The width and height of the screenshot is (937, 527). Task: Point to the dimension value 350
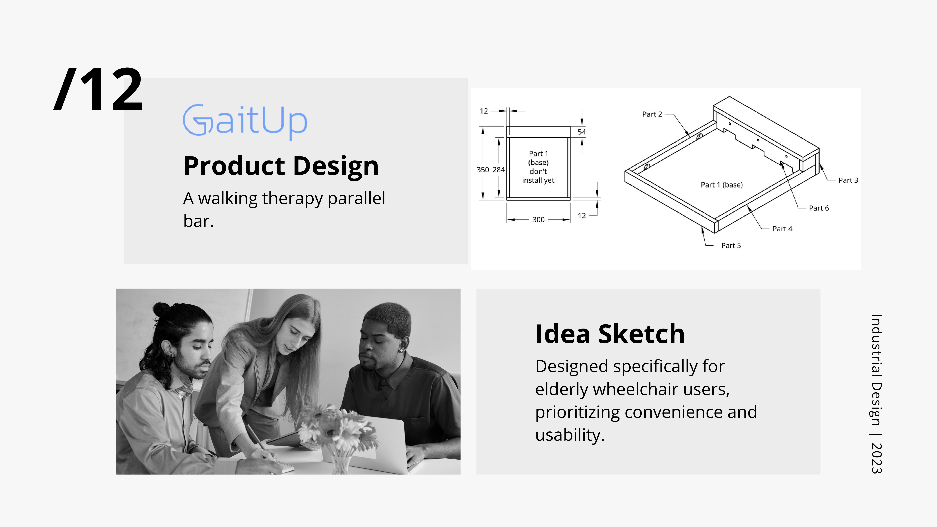point(483,169)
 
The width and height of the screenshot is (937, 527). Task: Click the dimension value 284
point(499,169)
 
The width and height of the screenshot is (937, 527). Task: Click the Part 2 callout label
point(652,114)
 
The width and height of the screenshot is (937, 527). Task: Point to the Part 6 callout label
point(819,208)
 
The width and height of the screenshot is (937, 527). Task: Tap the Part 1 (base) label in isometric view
point(722,185)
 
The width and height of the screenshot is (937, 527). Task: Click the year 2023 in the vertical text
point(877,458)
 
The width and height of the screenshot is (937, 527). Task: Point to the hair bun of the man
point(161,309)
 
